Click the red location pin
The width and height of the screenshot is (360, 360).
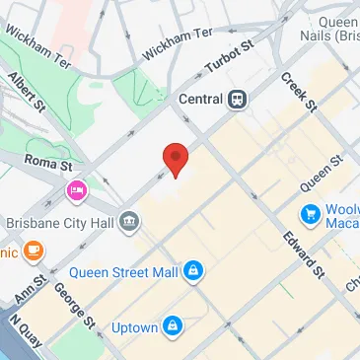point(175,158)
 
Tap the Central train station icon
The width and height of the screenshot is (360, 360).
point(237,99)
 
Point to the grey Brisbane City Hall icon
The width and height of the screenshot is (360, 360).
point(129,223)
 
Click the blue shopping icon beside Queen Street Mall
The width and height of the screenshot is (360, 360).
point(193,269)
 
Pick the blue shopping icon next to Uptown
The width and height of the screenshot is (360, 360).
point(174,323)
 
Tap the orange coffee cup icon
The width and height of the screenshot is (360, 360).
point(34,252)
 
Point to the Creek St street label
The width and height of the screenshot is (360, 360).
point(298,91)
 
